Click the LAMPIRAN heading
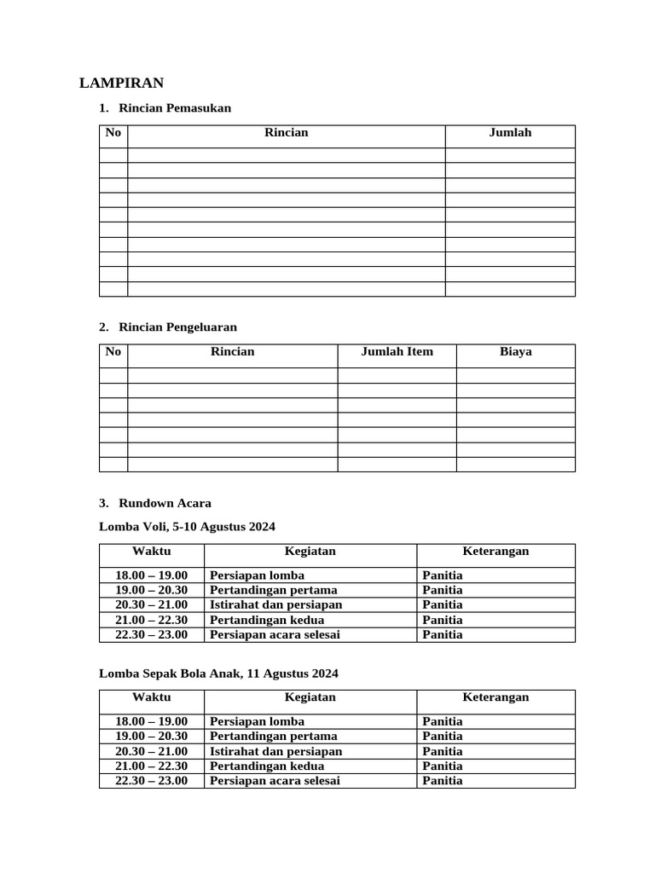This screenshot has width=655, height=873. pos(121,83)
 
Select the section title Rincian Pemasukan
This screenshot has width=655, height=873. pos(175,108)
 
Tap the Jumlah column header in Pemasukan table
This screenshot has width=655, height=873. pos(510,132)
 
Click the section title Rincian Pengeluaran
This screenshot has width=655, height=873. pos(177,327)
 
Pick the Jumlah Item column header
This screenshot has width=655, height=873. pos(397,351)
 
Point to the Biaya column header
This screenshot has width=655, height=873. pos(515,351)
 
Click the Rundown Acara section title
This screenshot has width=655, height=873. pos(165,503)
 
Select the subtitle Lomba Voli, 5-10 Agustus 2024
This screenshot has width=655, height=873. pos(187,527)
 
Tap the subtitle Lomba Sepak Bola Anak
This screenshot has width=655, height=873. pos(218,674)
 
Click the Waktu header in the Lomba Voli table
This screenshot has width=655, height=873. pos(151,551)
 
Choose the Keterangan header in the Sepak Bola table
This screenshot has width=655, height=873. pos(496,697)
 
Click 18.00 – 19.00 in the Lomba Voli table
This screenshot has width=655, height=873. pos(151,575)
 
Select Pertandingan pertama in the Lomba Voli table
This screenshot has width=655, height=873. pos(273,590)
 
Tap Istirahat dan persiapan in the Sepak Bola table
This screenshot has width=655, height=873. pos(275,751)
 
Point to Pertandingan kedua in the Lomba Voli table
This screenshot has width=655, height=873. pos(267,620)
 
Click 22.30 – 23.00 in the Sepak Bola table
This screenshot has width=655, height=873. pos(151,781)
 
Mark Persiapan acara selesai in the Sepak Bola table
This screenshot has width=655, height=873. pos(275,781)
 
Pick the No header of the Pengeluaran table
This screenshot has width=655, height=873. pos(113,351)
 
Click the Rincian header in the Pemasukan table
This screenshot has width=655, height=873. pos(286,132)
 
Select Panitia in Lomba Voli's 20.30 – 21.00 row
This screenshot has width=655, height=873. pos(442,604)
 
